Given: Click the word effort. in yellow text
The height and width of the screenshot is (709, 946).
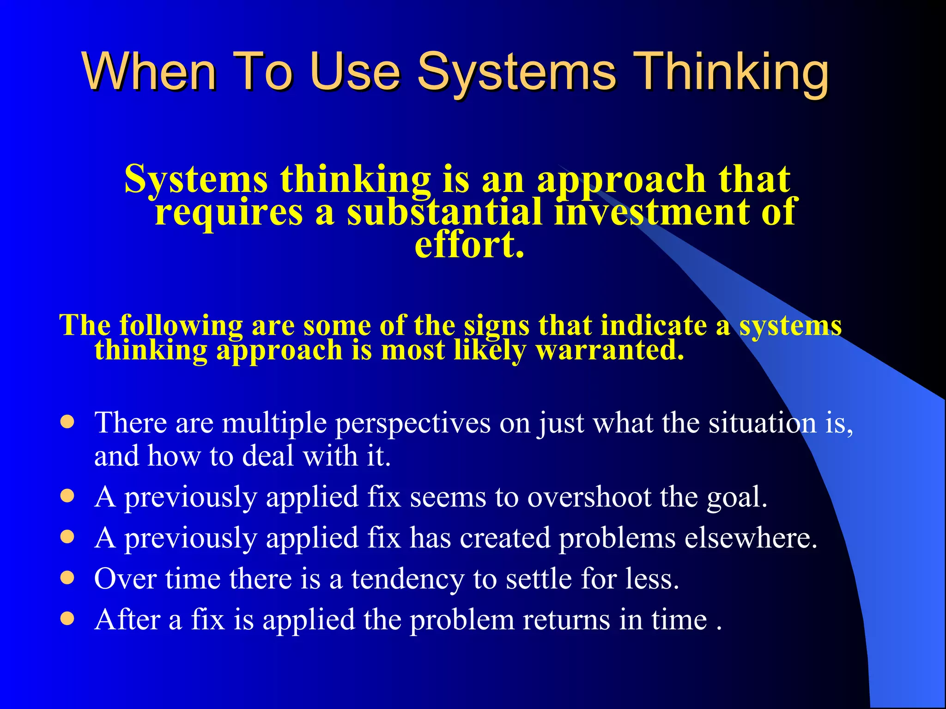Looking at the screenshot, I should point(469,245).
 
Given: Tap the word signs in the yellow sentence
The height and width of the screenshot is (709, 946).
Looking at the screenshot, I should point(497,325).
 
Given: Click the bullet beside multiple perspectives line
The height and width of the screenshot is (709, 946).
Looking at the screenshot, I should point(67,422).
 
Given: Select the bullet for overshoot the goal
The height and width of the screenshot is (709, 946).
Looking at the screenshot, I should point(67,496).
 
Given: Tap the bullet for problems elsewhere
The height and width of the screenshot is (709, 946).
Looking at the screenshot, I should point(67,537).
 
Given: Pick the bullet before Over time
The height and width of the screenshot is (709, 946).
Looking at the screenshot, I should point(67,577).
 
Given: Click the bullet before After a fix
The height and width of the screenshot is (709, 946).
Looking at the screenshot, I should point(67,619).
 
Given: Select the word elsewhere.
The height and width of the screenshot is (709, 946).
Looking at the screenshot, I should point(751,538).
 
